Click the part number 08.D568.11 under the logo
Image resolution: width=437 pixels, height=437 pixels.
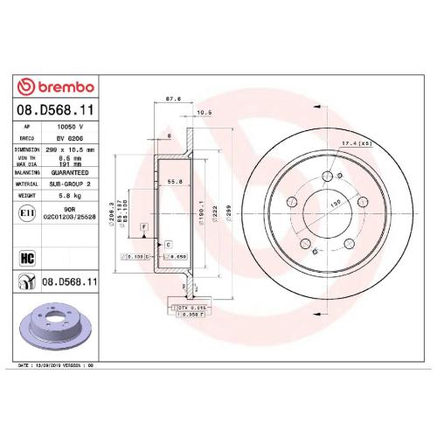click(x=56, y=111)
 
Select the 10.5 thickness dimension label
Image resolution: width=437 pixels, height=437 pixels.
click(x=207, y=113)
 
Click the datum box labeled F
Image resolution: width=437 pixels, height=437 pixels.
click(x=142, y=227)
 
